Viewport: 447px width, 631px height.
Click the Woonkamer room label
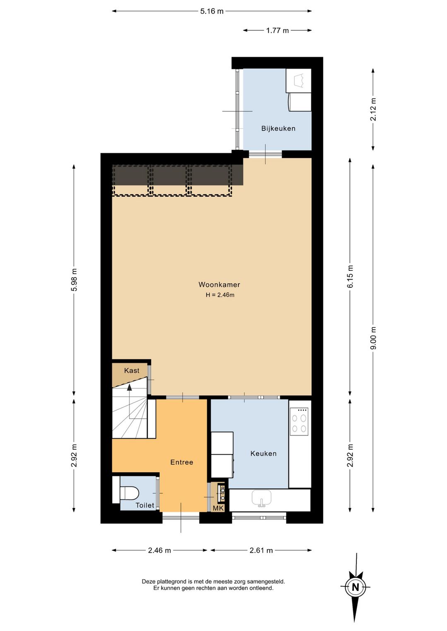coord(219,284)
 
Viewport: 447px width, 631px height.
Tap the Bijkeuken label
coord(279,129)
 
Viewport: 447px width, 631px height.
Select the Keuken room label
coord(263,454)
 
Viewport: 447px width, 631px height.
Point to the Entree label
coord(182,462)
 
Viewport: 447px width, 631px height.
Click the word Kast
coord(132,370)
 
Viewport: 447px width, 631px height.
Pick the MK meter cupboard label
coord(218,509)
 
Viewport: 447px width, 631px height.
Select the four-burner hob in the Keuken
coord(299,422)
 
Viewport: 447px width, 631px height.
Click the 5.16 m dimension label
coord(212,11)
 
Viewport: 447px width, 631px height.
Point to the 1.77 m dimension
coord(277,31)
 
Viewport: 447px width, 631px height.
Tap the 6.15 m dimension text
coord(350,276)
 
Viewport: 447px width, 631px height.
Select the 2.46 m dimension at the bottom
coord(159,550)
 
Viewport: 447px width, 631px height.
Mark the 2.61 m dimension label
coord(261,550)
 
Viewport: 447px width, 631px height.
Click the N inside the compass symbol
coord(356,587)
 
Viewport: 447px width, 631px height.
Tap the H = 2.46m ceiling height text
coord(220,295)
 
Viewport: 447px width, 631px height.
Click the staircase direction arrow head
coord(130,387)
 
